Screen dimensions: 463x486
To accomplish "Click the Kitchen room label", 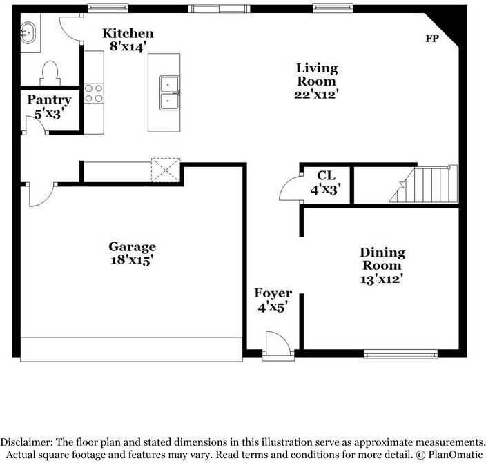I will tap(128, 33).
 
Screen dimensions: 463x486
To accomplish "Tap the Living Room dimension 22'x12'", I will tap(316, 94).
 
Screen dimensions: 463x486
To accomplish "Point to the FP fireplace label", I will tap(431, 39).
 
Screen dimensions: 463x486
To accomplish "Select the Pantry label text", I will tap(49, 100).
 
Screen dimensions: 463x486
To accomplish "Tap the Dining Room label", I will tap(382, 259).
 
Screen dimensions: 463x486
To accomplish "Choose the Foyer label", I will tap(273, 293).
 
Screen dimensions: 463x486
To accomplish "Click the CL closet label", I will tap(325, 175).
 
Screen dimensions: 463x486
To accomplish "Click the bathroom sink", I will tap(29, 32).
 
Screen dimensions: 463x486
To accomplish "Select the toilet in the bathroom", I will tap(50, 72).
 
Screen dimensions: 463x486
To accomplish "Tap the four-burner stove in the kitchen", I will tap(93, 92).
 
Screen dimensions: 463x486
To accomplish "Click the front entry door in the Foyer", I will tap(276, 343).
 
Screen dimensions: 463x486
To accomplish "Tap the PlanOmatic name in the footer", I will tap(450, 454).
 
